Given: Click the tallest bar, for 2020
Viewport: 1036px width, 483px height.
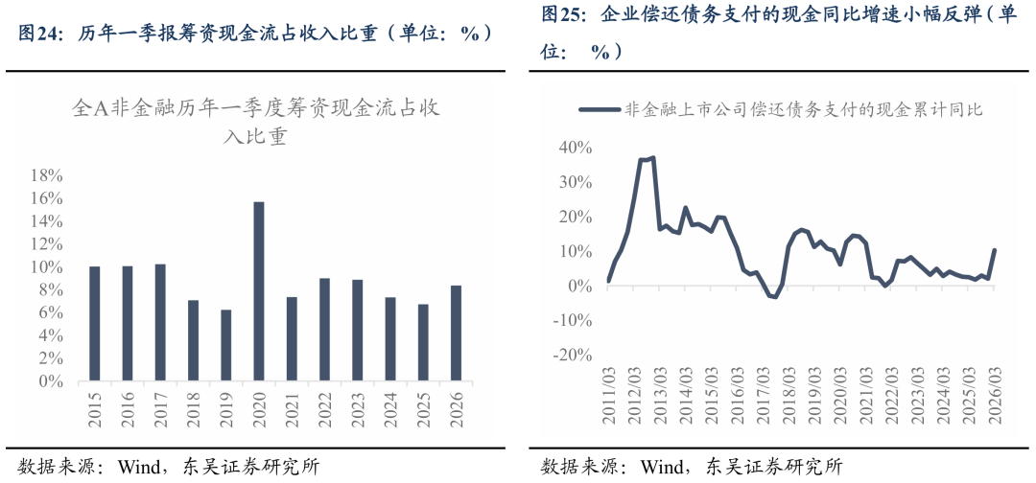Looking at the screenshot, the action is tap(259, 291).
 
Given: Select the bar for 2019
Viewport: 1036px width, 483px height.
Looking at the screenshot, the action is tap(226, 346).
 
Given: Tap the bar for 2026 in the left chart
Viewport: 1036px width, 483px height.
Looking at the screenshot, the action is tap(456, 333).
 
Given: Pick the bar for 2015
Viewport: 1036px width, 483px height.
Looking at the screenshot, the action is tap(94, 324).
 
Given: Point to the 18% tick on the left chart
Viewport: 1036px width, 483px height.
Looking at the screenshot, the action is tap(47, 176).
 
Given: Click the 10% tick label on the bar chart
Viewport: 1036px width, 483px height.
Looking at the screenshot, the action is tap(47, 267).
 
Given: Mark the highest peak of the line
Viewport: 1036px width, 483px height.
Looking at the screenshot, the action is tap(653, 158).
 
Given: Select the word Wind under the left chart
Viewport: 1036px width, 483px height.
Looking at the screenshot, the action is tap(137, 467).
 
